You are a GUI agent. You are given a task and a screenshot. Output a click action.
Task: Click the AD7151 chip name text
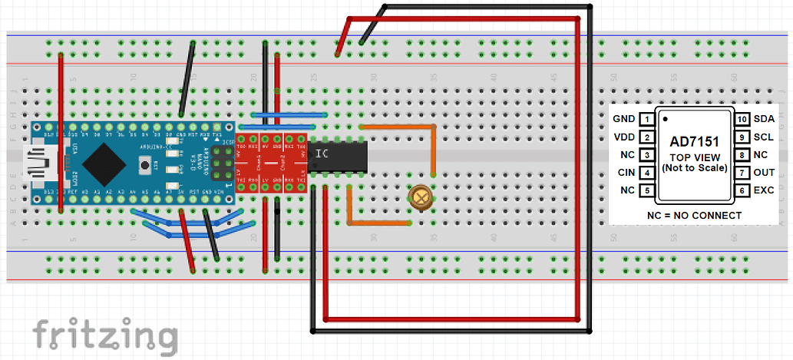click(x=694, y=142)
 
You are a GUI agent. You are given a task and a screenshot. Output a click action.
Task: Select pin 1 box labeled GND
click(x=649, y=119)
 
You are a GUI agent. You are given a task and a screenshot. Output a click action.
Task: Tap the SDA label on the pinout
click(x=763, y=119)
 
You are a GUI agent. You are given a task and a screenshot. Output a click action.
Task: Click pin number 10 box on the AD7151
click(x=742, y=119)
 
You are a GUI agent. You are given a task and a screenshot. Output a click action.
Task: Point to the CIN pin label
click(x=626, y=173)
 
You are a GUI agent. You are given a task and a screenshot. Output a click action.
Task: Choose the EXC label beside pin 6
click(x=763, y=190)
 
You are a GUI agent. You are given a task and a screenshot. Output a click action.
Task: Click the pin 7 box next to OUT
click(x=742, y=173)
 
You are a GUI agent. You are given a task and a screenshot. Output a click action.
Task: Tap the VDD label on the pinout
click(x=625, y=137)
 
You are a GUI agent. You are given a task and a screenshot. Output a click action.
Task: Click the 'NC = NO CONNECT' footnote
click(x=694, y=215)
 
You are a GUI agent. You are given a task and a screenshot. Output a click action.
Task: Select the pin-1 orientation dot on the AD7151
click(x=665, y=120)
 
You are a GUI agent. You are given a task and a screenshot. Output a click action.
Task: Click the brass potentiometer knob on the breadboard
click(x=419, y=197)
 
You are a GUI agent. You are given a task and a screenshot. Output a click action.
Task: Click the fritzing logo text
click(x=105, y=335)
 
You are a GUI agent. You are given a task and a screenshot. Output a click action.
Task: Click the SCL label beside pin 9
click(x=763, y=137)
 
